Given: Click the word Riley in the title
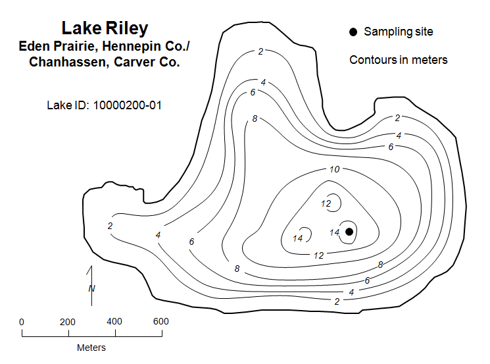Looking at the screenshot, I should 127,28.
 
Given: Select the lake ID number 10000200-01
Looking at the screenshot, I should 128,105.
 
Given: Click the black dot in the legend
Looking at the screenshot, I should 353,32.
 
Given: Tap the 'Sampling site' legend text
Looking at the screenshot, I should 399,32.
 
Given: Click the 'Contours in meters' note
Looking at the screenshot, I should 399,60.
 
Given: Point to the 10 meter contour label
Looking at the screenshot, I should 334,170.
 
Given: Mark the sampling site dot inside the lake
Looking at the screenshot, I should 349,231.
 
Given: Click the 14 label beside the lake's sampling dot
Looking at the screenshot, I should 334,232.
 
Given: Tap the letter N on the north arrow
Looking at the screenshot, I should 91,288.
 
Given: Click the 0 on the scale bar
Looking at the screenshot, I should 22,322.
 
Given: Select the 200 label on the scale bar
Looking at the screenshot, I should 68,322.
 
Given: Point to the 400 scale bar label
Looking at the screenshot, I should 114,322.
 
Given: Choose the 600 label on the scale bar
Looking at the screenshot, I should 161,322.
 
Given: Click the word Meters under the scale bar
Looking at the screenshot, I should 91,348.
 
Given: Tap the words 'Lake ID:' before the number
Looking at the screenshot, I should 68,105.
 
